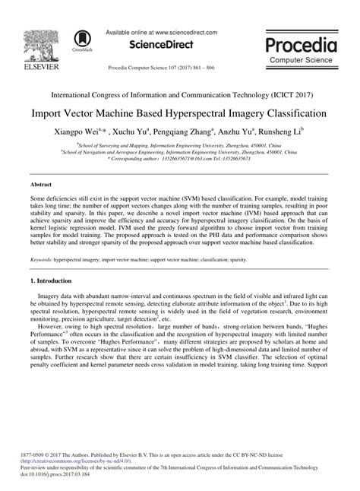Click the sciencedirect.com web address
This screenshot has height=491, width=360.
(184, 32)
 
